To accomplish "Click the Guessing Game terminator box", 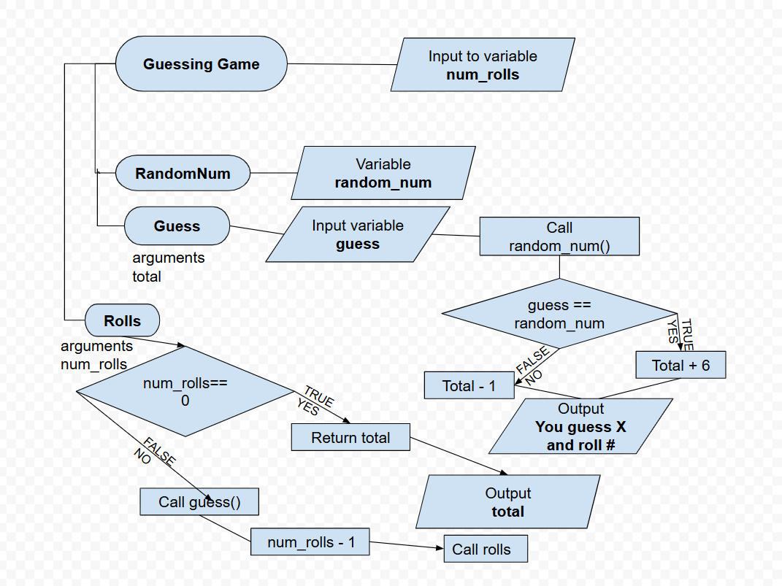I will (201, 64).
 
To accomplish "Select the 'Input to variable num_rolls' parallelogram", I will (482, 65).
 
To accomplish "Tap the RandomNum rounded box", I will (183, 174).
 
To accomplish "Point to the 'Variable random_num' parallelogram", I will (383, 173).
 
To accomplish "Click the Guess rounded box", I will (177, 226).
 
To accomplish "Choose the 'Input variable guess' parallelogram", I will (357, 234).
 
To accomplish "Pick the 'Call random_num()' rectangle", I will (559, 236).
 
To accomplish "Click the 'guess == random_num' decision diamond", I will (559, 314).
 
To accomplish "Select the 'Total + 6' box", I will (681, 365).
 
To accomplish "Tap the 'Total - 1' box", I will (469, 385).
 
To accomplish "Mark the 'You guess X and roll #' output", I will (580, 427).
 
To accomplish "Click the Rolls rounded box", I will (122, 320).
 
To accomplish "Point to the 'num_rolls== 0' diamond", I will (185, 391).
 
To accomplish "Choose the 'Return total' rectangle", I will (350, 438).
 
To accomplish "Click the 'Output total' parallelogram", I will (507, 502).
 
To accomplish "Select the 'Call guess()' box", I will (199, 501).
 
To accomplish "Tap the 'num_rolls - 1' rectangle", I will (310, 542).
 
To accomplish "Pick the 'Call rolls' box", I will (486, 550).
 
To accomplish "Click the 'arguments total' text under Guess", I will (168, 267).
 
